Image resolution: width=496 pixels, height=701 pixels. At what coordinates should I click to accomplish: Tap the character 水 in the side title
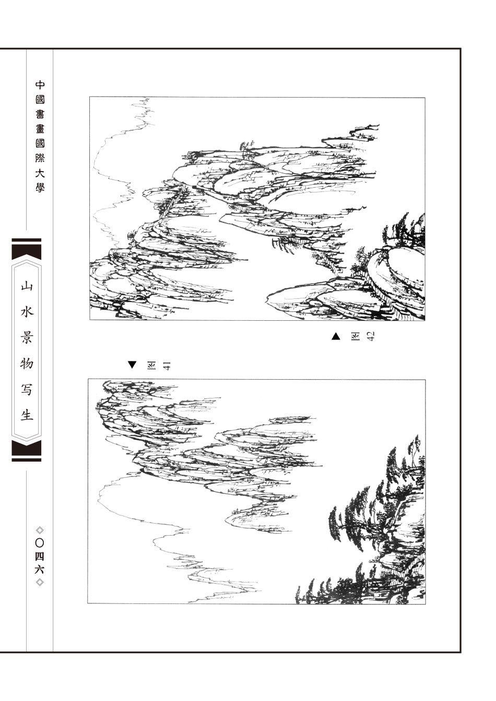[x=27, y=312]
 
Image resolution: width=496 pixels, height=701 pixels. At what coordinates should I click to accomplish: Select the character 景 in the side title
[x=27, y=337]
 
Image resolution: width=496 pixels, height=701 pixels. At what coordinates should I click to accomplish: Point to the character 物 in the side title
[x=27, y=364]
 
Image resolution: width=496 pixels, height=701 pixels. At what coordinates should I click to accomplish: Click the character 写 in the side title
[x=27, y=389]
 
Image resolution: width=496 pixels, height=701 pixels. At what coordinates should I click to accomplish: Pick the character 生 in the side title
[x=27, y=415]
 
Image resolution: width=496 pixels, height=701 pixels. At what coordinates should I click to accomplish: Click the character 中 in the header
[x=40, y=85]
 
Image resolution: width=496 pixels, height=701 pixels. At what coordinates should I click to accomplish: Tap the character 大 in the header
[x=40, y=173]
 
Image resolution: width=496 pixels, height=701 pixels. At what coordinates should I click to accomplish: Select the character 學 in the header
[x=40, y=187]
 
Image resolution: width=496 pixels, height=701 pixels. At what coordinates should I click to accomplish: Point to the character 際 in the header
[x=40, y=158]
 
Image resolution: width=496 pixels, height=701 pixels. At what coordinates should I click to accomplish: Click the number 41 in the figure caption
[x=166, y=366]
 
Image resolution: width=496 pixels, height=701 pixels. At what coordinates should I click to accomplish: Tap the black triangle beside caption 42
[x=336, y=336]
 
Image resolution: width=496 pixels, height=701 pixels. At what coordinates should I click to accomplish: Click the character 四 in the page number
[x=40, y=557]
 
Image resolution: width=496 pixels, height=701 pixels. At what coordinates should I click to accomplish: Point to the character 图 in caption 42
[x=355, y=336]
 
